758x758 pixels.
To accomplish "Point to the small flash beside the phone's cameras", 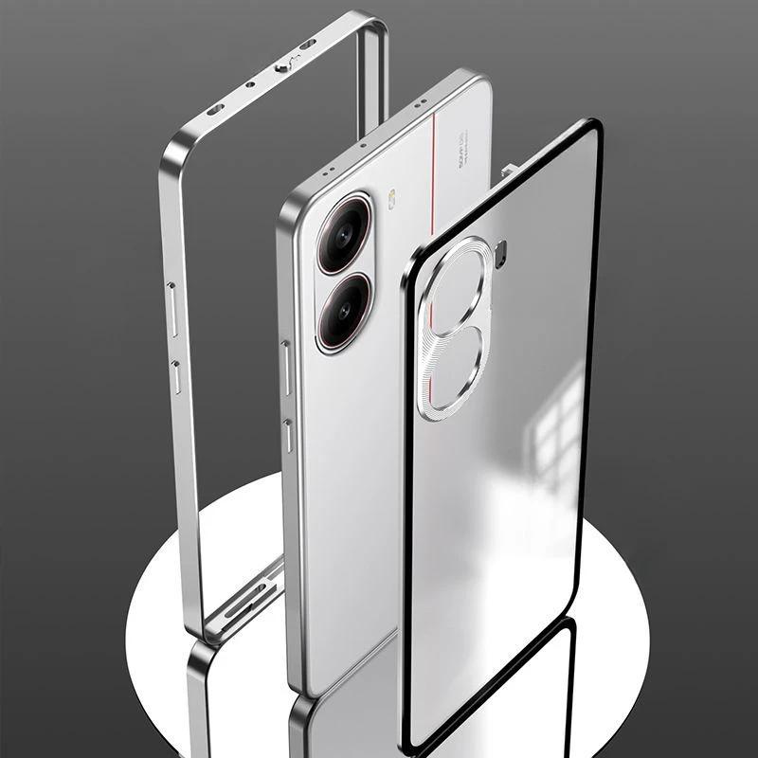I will [x=391, y=200].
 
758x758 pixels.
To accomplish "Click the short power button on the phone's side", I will [x=288, y=436].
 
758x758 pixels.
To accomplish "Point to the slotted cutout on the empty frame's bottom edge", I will [x=248, y=597].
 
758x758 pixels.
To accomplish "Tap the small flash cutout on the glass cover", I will [x=501, y=254].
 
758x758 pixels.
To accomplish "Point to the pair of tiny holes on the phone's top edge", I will [x=327, y=171].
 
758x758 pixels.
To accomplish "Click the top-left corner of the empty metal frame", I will [x=171, y=152].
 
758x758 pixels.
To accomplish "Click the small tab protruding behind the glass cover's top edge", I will [x=510, y=171].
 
